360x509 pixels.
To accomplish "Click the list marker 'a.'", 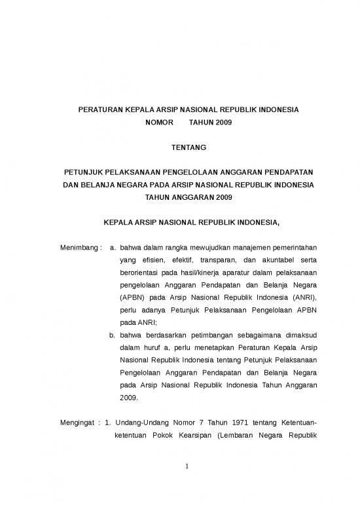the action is coord(113,248).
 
